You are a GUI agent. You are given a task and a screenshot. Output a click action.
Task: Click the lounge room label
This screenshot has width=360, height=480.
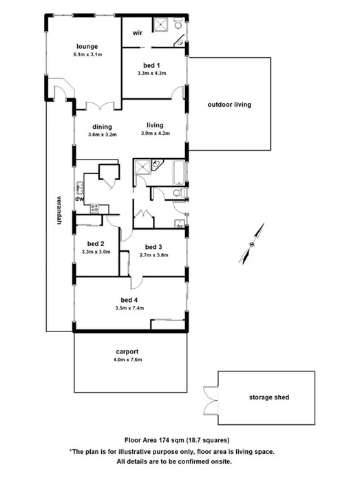87,47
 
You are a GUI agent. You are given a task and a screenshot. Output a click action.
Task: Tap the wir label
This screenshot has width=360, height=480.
137,32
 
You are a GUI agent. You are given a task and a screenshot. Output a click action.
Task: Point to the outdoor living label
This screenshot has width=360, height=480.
229,105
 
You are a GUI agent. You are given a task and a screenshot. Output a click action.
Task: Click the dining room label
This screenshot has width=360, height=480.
103,127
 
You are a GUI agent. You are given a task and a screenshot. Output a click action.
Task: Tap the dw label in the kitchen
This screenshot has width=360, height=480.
80,199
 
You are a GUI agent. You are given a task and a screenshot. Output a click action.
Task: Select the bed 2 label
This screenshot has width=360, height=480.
96,244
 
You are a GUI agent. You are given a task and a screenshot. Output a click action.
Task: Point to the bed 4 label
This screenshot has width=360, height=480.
129,300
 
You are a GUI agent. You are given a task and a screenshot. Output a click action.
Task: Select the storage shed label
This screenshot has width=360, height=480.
269,397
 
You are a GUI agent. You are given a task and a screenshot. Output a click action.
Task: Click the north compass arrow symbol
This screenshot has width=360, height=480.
252,244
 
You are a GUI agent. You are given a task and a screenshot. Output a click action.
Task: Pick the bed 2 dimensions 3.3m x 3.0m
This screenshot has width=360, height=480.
96,252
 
